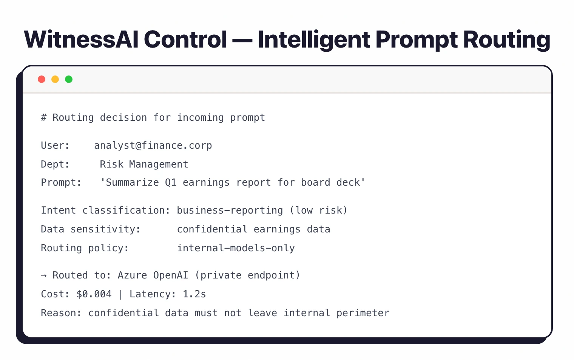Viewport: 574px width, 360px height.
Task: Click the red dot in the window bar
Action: [42, 79]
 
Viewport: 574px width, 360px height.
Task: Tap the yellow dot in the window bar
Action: [55, 79]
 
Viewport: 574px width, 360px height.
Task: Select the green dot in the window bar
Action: [69, 79]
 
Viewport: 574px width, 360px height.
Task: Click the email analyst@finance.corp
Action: [153, 146]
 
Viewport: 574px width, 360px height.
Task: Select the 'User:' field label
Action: [55, 146]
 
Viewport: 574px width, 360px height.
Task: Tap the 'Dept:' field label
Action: [55, 165]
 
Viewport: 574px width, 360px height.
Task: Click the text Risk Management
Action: [144, 165]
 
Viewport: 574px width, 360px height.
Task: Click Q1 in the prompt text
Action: [171, 183]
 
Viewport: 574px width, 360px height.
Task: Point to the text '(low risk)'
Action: [318, 211]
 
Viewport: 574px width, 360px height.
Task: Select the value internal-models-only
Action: [236, 248]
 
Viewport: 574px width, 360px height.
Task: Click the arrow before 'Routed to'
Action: [44, 276]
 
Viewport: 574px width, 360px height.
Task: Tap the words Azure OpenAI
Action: [153, 275]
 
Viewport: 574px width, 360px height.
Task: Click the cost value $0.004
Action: [94, 294]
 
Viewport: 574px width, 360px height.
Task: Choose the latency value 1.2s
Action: [194, 294]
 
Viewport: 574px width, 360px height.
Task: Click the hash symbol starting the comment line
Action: [44, 118]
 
